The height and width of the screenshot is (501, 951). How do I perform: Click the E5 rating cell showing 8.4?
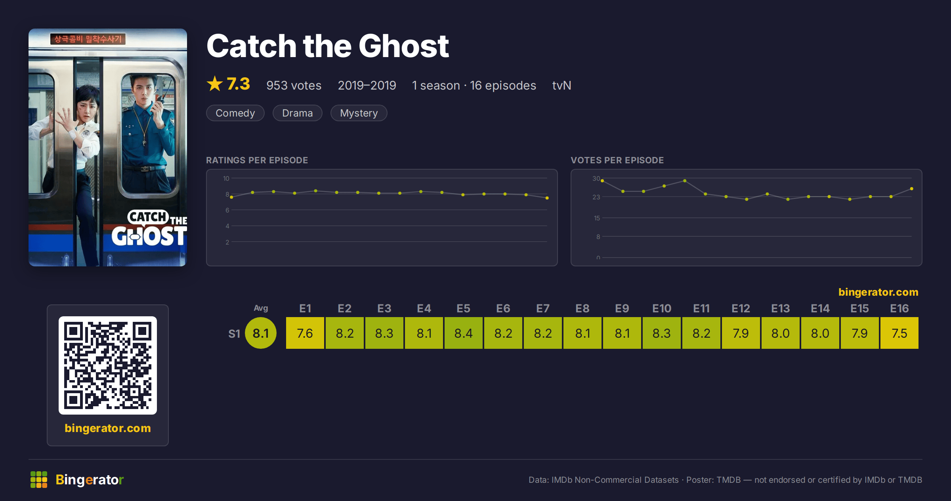click(x=464, y=333)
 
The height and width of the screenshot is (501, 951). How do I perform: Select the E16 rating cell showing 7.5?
click(x=899, y=333)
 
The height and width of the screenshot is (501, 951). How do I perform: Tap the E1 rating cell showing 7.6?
click(x=305, y=333)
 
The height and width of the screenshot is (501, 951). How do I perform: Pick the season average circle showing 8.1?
click(x=261, y=333)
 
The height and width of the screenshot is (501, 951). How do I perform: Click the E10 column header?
click(x=662, y=308)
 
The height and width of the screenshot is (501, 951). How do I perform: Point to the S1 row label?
click(x=234, y=334)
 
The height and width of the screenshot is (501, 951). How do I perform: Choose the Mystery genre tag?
click(x=359, y=113)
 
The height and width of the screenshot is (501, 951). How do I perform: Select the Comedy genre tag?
click(x=235, y=113)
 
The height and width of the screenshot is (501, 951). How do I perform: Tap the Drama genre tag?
click(x=298, y=113)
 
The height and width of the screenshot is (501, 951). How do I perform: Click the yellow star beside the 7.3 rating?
click(x=215, y=84)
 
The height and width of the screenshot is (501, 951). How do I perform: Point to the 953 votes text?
click(x=294, y=85)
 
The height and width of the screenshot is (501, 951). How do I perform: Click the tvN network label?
click(x=561, y=85)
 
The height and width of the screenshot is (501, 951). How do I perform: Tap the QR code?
click(x=108, y=365)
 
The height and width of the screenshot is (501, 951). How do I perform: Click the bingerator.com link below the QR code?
click(x=108, y=428)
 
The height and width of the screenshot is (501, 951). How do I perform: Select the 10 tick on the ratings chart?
click(x=226, y=178)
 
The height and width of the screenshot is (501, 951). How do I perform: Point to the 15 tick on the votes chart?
click(x=597, y=218)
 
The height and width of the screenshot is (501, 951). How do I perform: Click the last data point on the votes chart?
click(x=912, y=189)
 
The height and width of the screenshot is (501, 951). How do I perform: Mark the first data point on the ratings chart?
click(x=231, y=197)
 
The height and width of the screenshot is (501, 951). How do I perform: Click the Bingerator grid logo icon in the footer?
click(x=39, y=480)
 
